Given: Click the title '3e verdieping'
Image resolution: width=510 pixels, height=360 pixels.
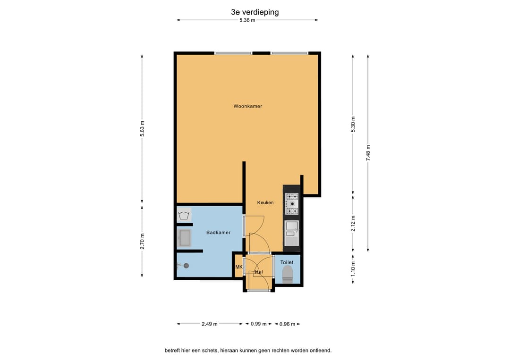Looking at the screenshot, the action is coord(255,12).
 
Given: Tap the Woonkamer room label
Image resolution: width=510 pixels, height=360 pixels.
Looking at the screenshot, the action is coord(247,106).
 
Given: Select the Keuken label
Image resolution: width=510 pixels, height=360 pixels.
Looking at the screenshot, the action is coord(265,202).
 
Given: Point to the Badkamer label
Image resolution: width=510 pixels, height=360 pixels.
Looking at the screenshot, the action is coord(218,232).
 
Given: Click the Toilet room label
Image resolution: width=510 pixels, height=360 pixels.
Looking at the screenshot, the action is coord(287,262).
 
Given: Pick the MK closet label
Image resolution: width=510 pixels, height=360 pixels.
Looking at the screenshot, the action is coord(239,267).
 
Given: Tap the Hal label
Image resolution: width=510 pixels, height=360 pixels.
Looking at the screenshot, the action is coord(259,272).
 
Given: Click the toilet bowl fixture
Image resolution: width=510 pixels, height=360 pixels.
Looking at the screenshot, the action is coord(288,274).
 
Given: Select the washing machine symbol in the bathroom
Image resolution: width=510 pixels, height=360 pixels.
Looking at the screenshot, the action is coord(184,215).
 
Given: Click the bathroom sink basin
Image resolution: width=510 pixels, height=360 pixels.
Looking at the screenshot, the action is coord(185,238).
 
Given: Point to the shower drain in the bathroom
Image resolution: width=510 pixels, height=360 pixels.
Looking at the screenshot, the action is coord(187,266).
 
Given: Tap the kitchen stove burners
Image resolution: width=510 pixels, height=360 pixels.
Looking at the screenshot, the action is coord(292,204).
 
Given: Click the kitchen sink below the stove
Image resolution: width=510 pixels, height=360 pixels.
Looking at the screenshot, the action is coord(292,233).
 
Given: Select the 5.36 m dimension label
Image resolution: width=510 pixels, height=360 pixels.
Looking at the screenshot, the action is coord(247,20).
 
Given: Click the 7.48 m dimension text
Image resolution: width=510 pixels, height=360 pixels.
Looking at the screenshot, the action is coord(368,153).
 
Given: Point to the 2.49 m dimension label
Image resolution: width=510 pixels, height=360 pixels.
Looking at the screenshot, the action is coord(210,324).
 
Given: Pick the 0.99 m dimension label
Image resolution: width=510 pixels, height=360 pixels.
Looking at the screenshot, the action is coord(259,324).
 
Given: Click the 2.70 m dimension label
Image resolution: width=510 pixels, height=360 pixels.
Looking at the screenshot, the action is coord(142,242).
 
